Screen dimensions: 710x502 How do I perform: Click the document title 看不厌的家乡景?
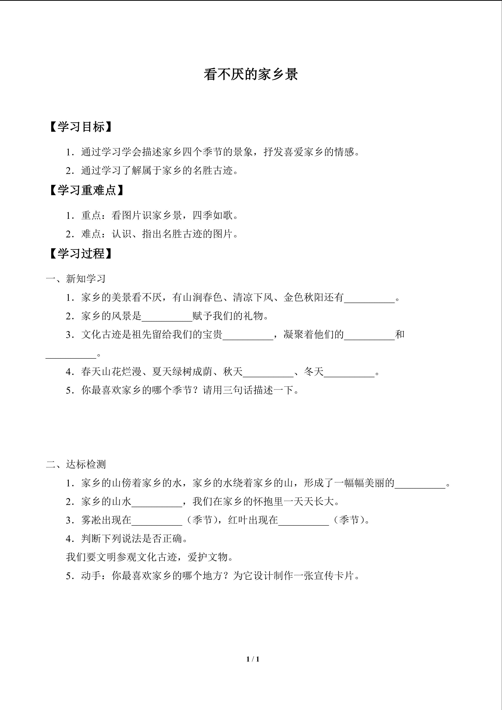tap(251, 74)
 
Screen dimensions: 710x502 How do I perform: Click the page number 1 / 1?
tap(253, 659)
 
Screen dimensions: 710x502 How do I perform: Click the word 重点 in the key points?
tap(92, 216)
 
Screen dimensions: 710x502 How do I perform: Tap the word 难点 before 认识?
tap(92, 234)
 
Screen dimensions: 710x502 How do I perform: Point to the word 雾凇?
tap(92, 520)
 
